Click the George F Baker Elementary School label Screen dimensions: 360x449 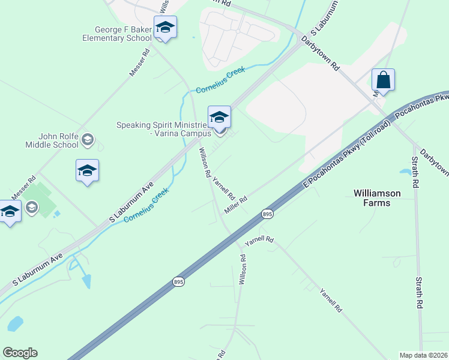[117, 34]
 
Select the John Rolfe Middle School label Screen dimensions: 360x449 [52, 140]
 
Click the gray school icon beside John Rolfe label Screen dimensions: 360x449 [88, 140]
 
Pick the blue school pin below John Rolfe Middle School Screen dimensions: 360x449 [87, 170]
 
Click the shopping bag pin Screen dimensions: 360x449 [382, 80]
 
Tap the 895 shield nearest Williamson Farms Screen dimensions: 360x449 [267, 214]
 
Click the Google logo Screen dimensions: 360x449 [20, 353]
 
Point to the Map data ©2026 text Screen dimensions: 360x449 [424, 355]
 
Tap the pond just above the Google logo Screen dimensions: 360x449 [15, 324]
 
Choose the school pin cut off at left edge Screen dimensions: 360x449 [9, 212]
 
